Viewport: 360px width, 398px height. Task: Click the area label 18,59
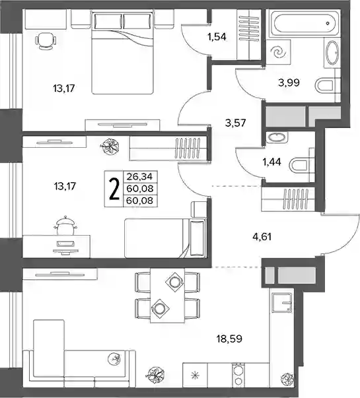(x=229, y=339)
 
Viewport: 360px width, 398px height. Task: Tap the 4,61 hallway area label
(x=262, y=237)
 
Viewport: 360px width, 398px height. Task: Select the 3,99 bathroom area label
(x=289, y=83)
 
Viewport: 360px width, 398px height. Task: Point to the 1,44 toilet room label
(x=272, y=162)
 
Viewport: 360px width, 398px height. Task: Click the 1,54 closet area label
(x=217, y=37)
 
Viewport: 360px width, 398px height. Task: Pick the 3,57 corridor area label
(x=236, y=123)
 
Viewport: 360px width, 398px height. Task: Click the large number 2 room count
(x=114, y=189)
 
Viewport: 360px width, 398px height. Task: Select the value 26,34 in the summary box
(x=140, y=176)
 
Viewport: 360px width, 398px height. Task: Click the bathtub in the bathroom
(x=304, y=23)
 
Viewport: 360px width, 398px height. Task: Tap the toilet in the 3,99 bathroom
(x=324, y=86)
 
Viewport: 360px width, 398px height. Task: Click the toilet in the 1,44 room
(x=299, y=165)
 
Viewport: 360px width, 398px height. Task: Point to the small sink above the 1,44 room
(x=276, y=137)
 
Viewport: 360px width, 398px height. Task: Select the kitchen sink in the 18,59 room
(x=282, y=302)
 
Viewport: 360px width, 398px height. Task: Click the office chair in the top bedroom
(x=46, y=41)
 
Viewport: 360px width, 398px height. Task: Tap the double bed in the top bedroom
(x=123, y=52)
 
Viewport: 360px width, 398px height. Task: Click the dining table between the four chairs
(x=167, y=295)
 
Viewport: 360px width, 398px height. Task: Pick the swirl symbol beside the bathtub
(x=277, y=53)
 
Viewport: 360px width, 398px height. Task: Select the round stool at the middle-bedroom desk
(x=65, y=224)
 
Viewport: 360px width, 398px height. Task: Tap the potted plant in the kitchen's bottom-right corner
(x=287, y=379)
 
